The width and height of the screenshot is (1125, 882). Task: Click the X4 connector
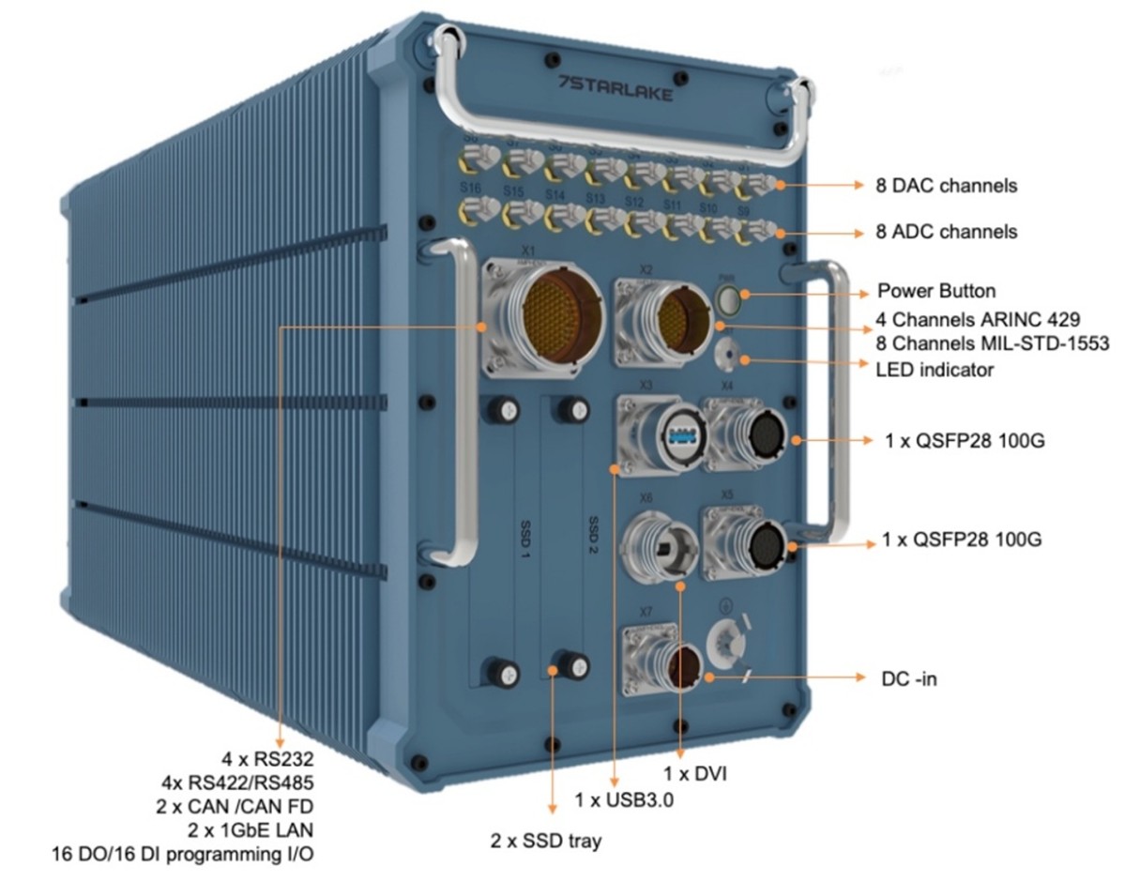point(758,437)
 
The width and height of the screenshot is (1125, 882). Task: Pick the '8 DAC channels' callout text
point(947,186)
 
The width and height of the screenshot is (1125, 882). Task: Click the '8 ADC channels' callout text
point(946,231)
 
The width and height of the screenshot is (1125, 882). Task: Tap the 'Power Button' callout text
point(935,290)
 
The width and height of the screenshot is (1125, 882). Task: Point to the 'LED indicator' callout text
point(935,371)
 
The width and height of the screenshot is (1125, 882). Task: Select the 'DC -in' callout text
point(909,677)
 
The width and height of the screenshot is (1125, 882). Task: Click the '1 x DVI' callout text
point(695,774)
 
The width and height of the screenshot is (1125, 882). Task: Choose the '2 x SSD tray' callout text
point(547,840)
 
